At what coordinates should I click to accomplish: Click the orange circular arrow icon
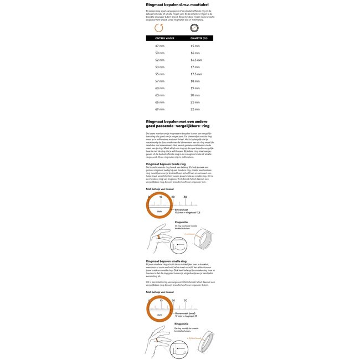(160, 28)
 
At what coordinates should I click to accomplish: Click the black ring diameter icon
(195, 28)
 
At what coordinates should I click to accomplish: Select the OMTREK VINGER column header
(160, 38)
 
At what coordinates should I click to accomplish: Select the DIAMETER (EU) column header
(198, 38)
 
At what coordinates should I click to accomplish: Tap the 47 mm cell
(160, 45)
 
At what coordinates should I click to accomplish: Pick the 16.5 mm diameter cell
(196, 60)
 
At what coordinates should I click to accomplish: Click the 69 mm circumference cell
(160, 109)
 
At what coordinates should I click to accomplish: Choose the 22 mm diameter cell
(195, 109)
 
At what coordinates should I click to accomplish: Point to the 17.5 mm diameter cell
(196, 74)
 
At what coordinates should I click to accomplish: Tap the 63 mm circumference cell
(160, 95)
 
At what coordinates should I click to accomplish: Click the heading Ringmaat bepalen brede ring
(166, 164)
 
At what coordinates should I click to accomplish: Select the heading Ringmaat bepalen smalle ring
(166, 260)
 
